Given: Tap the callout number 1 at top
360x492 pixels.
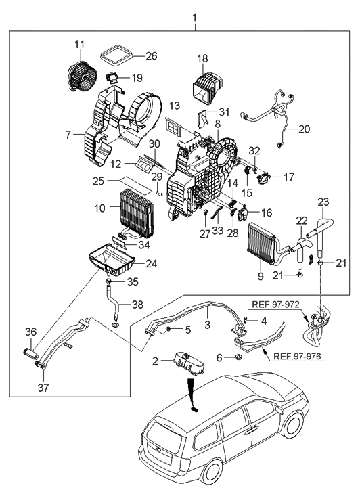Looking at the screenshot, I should pos(195,15).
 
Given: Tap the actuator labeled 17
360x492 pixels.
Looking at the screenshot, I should pos(266,179).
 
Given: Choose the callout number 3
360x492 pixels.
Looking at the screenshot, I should pos(208,325).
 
